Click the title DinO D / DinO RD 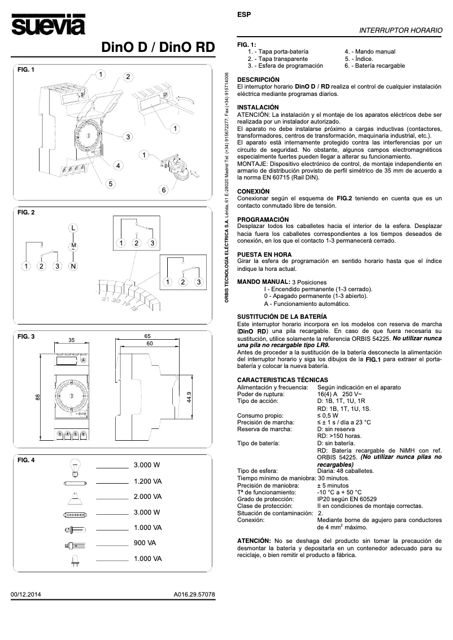point(158,48)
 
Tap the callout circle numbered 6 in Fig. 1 point(164,190)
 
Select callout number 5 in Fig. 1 point(111,183)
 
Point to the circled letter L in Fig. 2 point(73,227)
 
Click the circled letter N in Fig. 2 point(73,265)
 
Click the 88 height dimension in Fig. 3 point(37,397)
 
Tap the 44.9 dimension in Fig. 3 point(189,397)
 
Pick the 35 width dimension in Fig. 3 point(72,340)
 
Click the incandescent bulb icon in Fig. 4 point(73,466)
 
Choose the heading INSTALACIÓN point(258,107)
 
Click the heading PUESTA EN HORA point(264,255)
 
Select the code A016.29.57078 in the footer point(194,594)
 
